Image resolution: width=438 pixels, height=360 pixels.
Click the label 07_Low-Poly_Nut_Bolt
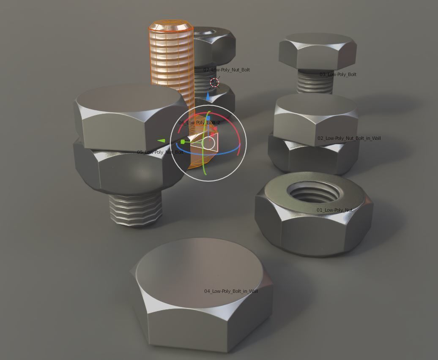coord(227,70)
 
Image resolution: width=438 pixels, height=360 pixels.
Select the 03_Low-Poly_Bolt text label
coord(338,75)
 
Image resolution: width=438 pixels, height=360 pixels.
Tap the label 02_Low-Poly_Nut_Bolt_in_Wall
coord(349,139)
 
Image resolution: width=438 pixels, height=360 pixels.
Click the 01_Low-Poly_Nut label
coord(334,210)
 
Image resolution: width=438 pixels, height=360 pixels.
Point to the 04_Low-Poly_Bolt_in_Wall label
coord(231,292)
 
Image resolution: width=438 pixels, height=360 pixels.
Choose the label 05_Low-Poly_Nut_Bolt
coord(160,152)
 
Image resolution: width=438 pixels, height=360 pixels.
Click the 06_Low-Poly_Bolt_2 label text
coord(199,123)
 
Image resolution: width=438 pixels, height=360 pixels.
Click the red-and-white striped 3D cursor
coord(214,82)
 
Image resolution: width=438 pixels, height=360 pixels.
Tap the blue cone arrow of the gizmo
coord(208,97)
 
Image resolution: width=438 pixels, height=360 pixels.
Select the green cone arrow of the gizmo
coord(161,141)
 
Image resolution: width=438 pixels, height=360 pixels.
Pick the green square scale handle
coord(183,142)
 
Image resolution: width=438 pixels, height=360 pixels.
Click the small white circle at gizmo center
coord(208,143)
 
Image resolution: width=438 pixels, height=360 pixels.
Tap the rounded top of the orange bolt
coord(171,25)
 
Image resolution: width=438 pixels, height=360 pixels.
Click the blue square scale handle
coord(208,118)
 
